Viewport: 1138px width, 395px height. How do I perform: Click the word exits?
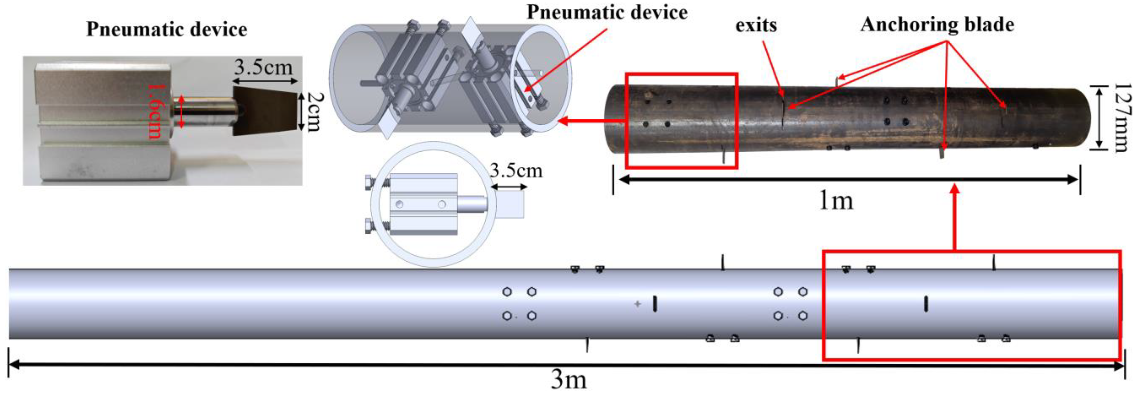point(756,25)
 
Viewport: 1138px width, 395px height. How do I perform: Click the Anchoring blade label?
point(937,24)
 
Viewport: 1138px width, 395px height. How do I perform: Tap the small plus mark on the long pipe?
point(637,304)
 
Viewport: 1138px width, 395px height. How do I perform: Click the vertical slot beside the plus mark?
point(655,304)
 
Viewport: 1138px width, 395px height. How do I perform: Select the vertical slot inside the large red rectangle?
point(926,304)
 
